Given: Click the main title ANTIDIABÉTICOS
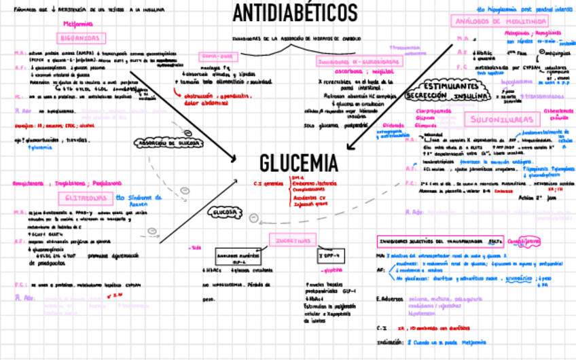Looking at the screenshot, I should (x=295, y=12).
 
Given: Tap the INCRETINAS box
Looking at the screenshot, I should (x=293, y=240).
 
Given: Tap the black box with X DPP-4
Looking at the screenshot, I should (x=331, y=256).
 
